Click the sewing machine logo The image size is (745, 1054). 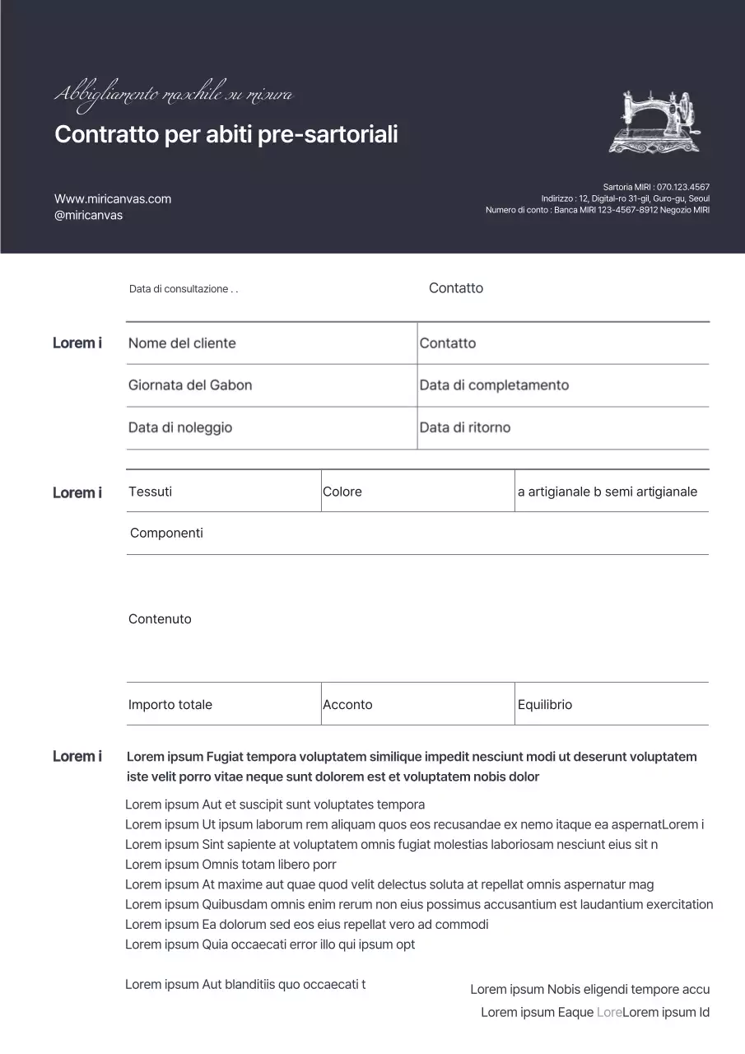[657, 122]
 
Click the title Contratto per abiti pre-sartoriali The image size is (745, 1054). [226, 134]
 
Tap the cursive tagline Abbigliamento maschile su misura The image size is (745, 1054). [173, 96]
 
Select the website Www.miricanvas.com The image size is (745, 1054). [113, 198]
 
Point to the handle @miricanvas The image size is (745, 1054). [88, 215]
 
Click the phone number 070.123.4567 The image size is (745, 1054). [682, 187]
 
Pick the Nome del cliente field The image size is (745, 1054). [182, 343]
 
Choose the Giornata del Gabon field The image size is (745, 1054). [190, 385]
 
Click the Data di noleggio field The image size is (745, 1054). [180, 427]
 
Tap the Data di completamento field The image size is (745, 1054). [494, 385]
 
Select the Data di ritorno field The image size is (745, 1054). [465, 427]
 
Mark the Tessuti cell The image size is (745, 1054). [151, 492]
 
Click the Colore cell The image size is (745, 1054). [342, 492]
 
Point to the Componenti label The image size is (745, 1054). [166, 533]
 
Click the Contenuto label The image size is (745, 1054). [160, 619]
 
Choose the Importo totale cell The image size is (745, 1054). [170, 705]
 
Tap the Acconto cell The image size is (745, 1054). [347, 705]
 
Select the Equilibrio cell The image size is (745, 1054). [545, 705]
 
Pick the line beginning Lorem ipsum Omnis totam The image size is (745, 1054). [230, 865]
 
